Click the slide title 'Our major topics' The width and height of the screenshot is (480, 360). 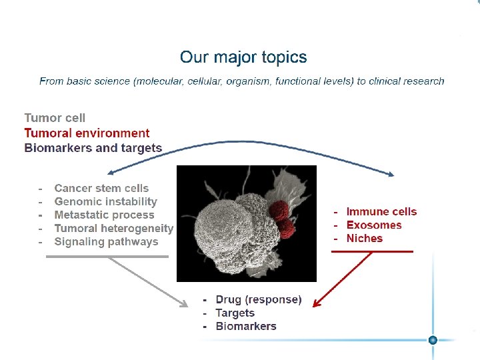tap(243, 57)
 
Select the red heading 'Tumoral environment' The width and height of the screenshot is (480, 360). tap(87, 133)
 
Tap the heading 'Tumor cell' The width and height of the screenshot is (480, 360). tap(55, 118)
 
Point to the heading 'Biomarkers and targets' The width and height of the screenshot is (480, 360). tap(93, 148)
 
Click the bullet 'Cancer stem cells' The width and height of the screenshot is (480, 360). tap(101, 189)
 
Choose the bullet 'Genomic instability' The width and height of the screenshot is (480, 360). tap(105, 202)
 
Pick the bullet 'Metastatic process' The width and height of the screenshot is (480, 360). tap(104, 215)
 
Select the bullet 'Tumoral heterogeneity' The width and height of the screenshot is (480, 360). tap(113, 229)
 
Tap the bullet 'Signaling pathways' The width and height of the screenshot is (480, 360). tap(106, 242)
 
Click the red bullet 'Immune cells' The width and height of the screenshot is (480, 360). tap(381, 212)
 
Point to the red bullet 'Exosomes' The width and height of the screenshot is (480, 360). tap(374, 225)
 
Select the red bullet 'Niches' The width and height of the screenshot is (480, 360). tap(365, 239)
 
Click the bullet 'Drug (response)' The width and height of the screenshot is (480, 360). tap(259, 300)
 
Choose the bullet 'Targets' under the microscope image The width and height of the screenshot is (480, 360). tap(235, 313)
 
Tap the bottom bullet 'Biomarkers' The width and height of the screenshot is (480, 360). tap(245, 327)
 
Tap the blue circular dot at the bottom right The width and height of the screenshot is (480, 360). tap(433, 340)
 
